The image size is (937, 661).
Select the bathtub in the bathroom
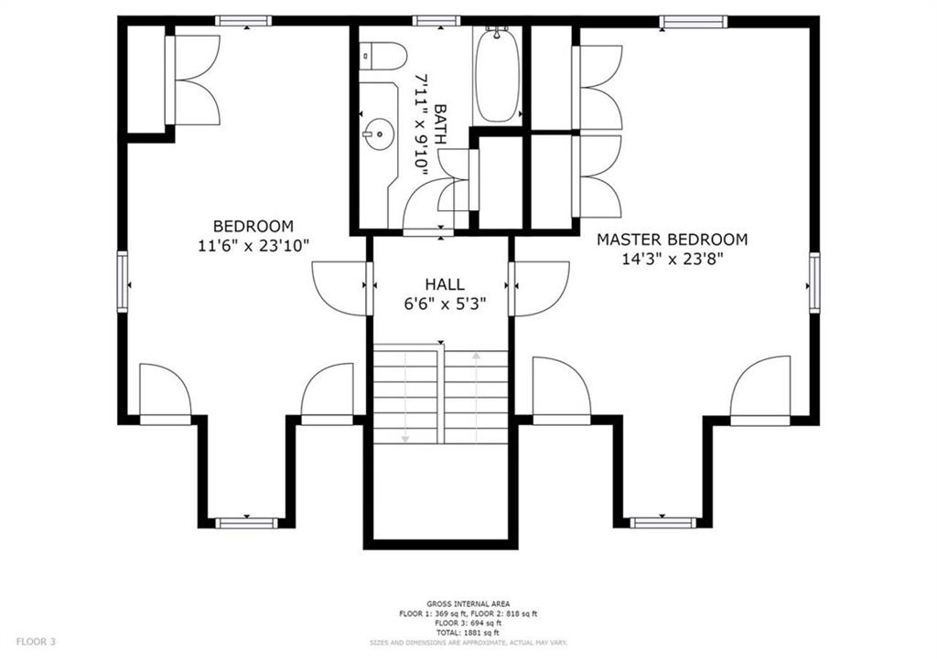tap(497, 75)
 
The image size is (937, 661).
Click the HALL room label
tap(445, 284)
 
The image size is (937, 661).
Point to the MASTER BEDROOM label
tap(673, 240)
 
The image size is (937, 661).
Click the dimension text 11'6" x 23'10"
tap(253, 245)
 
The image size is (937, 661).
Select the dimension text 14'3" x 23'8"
tap(673, 259)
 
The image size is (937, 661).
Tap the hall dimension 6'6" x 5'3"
tap(445, 304)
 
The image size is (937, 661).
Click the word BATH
tap(440, 125)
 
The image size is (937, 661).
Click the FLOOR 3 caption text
tap(36, 642)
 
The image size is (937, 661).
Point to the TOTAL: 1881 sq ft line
tap(468, 633)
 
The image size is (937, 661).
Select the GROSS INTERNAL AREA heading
tap(468, 603)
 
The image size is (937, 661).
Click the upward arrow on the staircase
tap(476, 397)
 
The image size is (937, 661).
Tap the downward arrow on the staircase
tap(405, 397)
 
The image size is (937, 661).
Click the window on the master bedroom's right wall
tap(814, 283)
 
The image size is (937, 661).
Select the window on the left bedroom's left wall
tap(123, 282)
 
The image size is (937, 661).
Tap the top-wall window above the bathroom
tap(436, 21)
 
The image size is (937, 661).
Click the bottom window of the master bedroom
tap(662, 523)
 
